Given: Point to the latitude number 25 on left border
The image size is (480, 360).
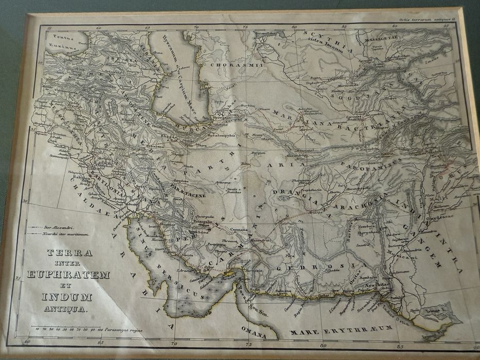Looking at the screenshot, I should pyautogui.click(x=19, y=278).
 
